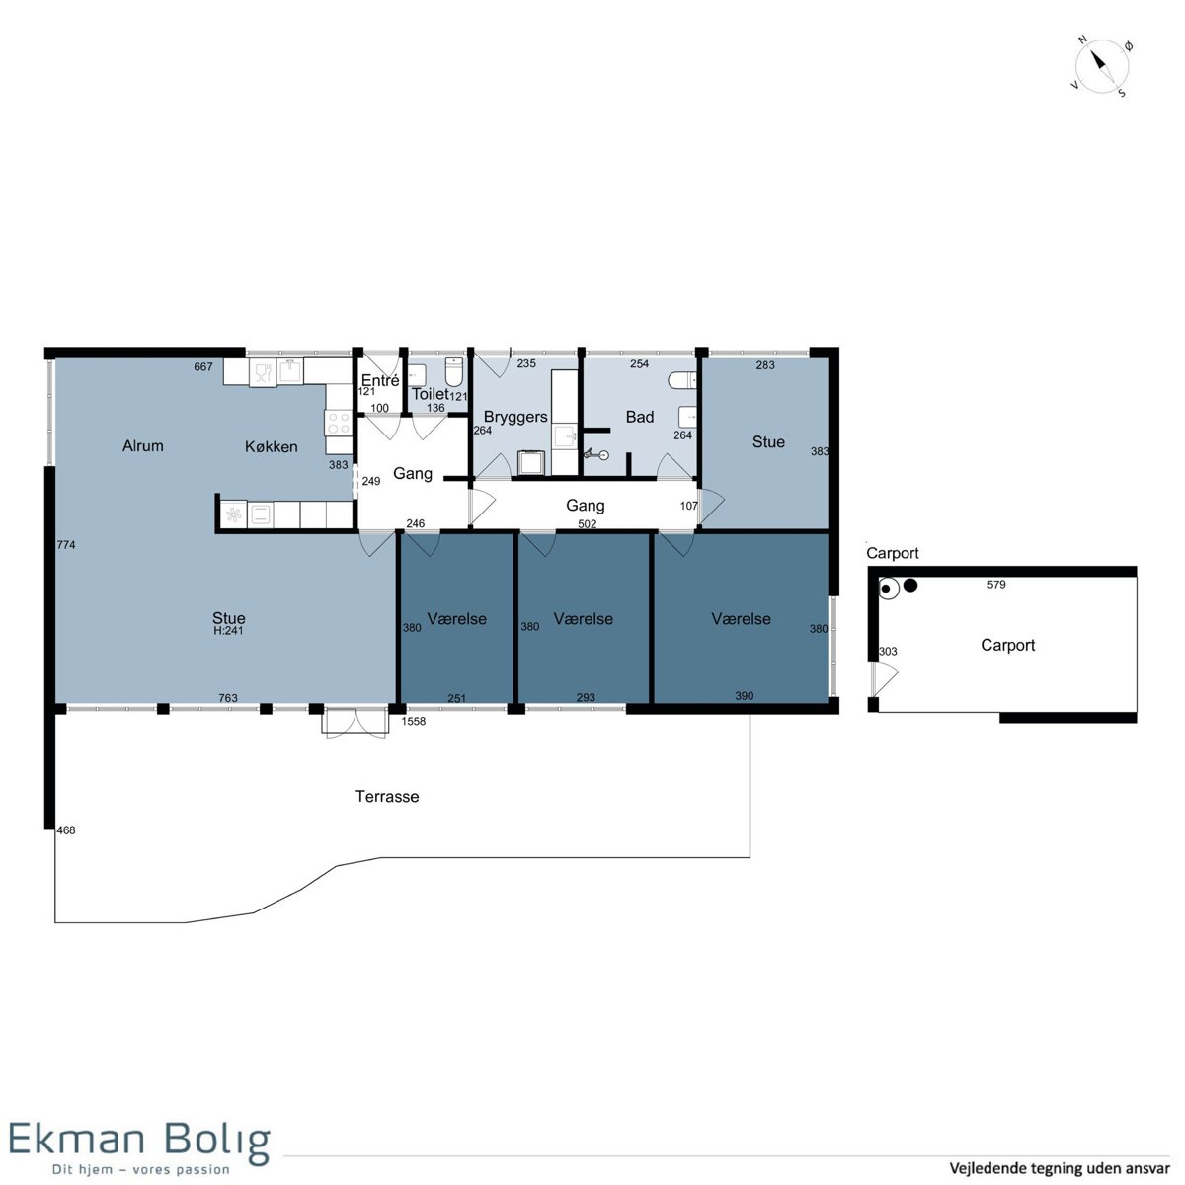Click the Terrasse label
click(387, 796)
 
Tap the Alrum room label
click(142, 445)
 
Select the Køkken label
click(272, 446)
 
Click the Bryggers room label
click(515, 417)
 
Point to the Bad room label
click(640, 417)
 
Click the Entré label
click(380, 380)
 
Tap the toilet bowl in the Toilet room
click(453, 371)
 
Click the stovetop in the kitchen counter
click(339, 423)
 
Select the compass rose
click(1101, 66)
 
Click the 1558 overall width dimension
click(413, 721)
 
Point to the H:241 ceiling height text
click(228, 630)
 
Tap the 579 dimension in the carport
click(996, 585)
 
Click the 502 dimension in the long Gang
click(588, 524)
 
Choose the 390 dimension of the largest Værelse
click(745, 696)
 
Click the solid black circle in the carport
click(910, 586)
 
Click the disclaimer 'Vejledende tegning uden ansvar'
click(1059, 1168)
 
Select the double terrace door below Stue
click(355, 723)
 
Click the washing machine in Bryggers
click(529, 463)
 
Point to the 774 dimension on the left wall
click(66, 544)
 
